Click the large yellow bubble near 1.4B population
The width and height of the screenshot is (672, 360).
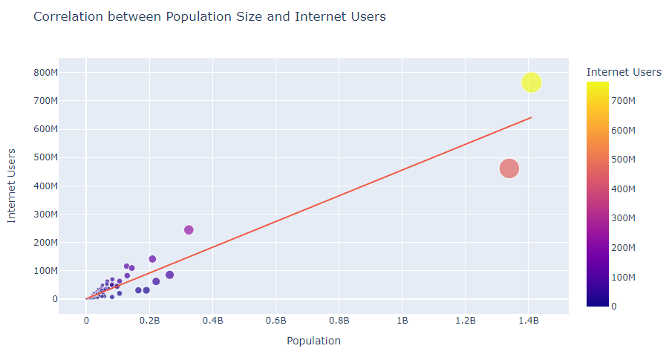click(531, 82)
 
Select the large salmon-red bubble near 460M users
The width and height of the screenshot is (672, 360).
click(509, 168)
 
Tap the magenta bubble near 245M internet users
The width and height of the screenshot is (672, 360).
click(189, 230)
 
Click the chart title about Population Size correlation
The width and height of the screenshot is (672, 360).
click(209, 16)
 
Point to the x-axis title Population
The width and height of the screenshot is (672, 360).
click(313, 341)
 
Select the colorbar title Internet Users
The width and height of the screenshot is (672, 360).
click(623, 72)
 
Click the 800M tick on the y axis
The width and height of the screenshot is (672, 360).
click(45, 73)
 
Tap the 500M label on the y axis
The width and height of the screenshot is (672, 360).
click(45, 157)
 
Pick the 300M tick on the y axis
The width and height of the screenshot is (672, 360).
click(45, 215)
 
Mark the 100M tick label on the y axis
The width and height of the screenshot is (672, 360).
click(45, 271)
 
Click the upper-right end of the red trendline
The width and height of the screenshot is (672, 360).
click(530, 117)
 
